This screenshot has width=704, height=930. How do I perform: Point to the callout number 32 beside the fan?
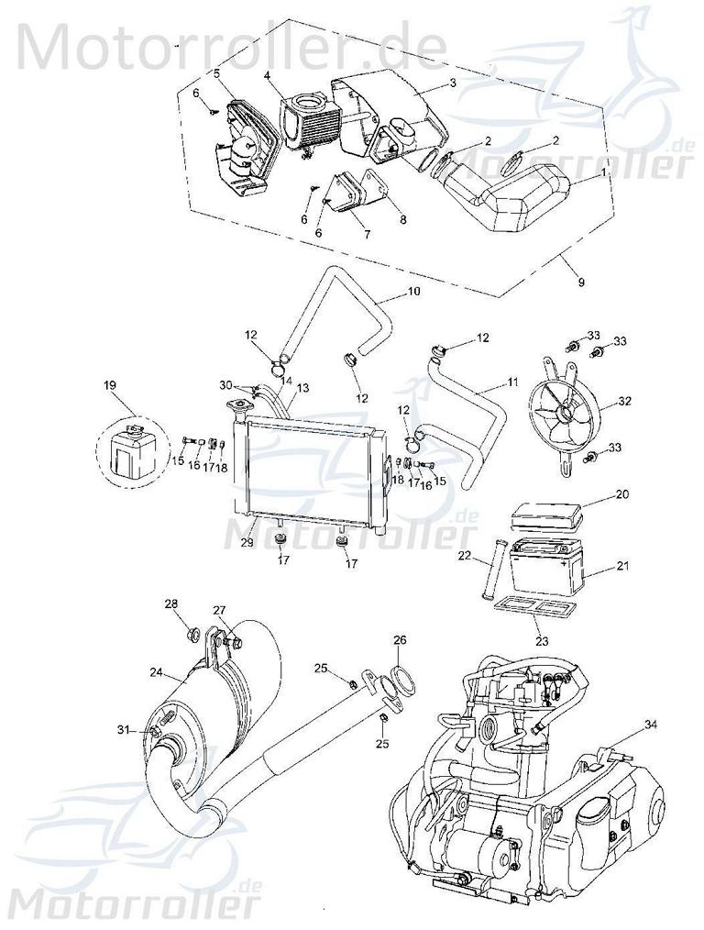tap(625, 400)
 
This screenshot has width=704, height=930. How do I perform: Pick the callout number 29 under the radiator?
tap(247, 544)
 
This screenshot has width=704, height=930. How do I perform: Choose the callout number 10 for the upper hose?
tap(413, 292)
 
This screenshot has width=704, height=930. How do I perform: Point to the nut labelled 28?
tap(192, 633)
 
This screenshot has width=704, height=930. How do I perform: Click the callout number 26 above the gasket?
tap(399, 640)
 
